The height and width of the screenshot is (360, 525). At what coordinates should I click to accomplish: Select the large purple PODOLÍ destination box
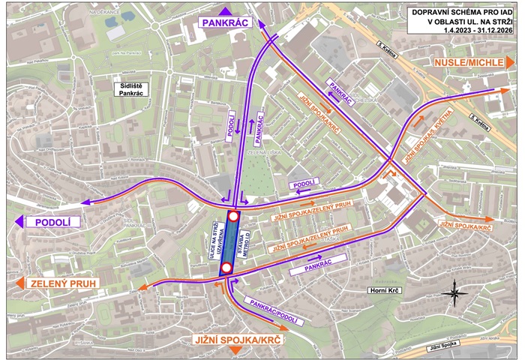52,222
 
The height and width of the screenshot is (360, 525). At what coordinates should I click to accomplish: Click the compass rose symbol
451,292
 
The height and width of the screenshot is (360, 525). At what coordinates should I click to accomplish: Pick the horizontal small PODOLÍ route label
304,184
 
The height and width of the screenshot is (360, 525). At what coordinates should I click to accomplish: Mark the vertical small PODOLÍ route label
231,124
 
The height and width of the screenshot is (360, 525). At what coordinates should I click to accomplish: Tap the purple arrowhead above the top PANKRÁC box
226,10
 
